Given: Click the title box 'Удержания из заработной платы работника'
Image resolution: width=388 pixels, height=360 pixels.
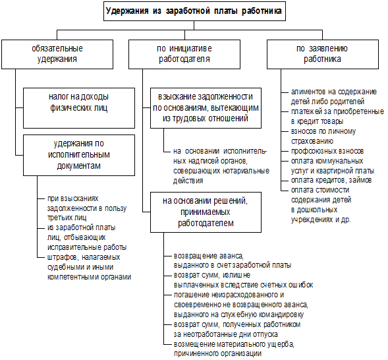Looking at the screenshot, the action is click(194, 11).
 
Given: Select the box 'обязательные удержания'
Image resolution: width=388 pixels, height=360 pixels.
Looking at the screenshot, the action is click(57, 54).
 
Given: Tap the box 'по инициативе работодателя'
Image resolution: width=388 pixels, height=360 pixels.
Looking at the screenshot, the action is click(184, 54).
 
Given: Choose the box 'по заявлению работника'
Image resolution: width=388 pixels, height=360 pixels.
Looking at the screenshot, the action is click(323, 54).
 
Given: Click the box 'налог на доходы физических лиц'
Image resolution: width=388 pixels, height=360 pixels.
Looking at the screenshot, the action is click(79, 108).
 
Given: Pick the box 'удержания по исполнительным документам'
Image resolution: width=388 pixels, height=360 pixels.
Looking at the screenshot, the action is click(79, 155).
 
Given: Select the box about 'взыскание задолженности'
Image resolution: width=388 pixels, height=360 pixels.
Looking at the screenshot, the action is click(206, 108).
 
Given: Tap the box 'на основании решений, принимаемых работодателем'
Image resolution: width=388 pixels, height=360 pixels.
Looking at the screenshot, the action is click(206, 212).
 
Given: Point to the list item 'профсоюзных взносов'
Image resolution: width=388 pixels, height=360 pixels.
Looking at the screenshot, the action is click(327, 151).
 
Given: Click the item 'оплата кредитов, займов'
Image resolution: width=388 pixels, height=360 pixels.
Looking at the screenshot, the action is click(331, 180).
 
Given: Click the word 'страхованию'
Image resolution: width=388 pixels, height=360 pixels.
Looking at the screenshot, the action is click(312, 141).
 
